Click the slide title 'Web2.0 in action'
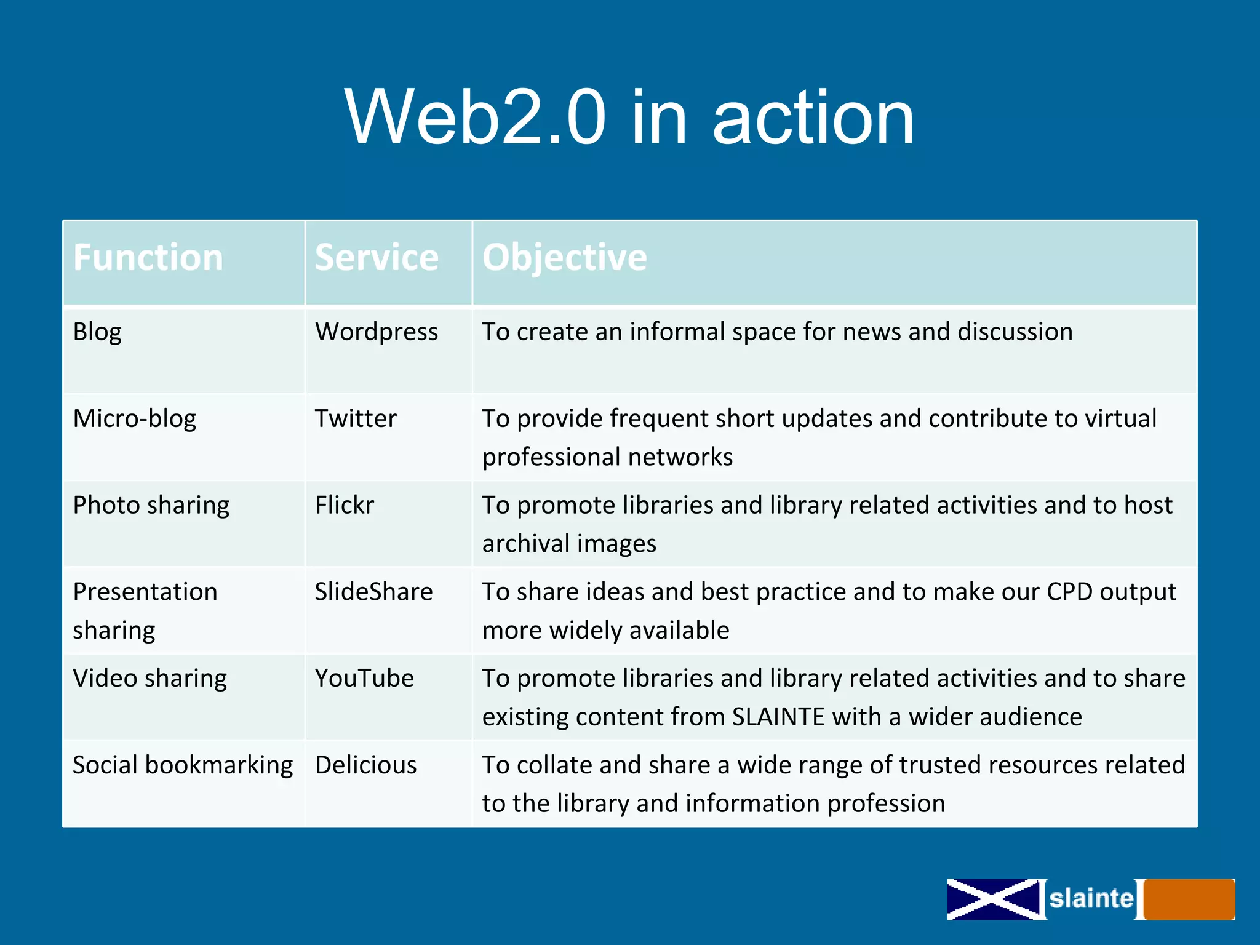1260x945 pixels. pyautogui.click(x=629, y=117)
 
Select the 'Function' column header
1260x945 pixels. pyautogui.click(x=148, y=257)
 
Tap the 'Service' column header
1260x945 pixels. pyautogui.click(x=377, y=257)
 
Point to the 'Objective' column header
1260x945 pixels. pyautogui.click(x=564, y=257)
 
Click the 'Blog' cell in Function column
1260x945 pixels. pyautogui.click(x=97, y=332)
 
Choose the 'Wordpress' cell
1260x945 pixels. pyautogui.click(x=377, y=332)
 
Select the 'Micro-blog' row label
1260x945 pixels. pyautogui.click(x=134, y=419)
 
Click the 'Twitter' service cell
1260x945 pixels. pyautogui.click(x=356, y=419)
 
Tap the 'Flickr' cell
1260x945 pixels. pyautogui.click(x=345, y=506)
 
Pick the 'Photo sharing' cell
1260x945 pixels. pyautogui.click(x=151, y=506)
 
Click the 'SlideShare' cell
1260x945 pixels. pyautogui.click(x=373, y=592)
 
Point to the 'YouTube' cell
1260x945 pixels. pyautogui.click(x=364, y=679)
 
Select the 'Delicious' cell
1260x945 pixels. pyautogui.click(x=366, y=765)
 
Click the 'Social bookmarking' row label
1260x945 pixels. pyautogui.click(x=183, y=765)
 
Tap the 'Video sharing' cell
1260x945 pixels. pyautogui.click(x=150, y=679)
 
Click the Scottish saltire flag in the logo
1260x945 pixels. pyautogui.click(x=993, y=899)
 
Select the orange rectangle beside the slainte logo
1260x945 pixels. pyautogui.click(x=1189, y=899)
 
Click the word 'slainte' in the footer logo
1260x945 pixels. pyautogui.click(x=1091, y=899)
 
